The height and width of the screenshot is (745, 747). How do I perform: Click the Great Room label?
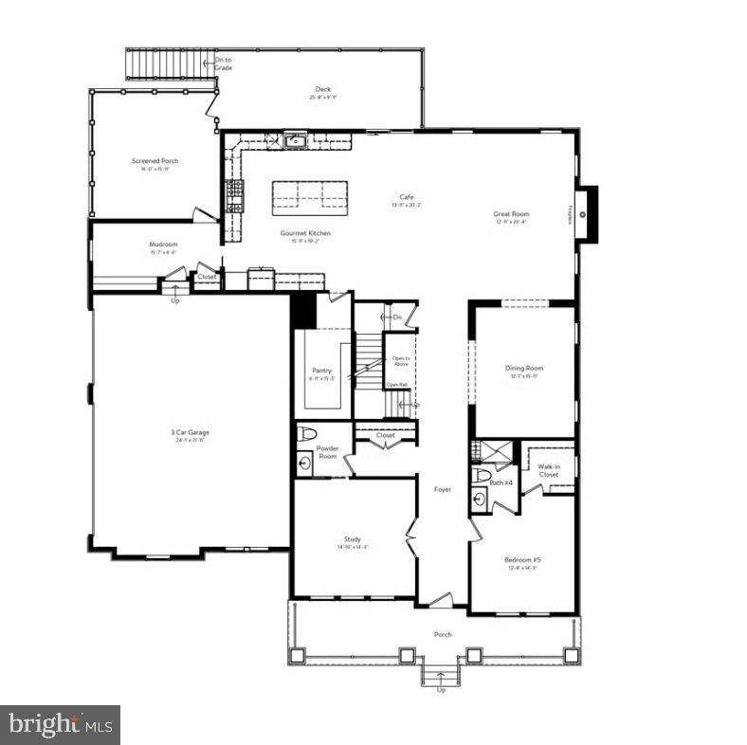click(x=511, y=214)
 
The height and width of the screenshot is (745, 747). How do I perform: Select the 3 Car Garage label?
click(x=191, y=433)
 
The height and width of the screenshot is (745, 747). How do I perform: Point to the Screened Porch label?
click(x=155, y=161)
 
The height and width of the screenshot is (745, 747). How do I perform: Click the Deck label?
click(x=323, y=90)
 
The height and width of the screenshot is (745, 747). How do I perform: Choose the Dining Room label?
click(x=524, y=369)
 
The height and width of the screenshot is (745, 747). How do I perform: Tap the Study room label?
click(x=352, y=539)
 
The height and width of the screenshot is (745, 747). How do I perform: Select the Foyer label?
click(x=442, y=489)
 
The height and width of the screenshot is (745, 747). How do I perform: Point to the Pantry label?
click(x=321, y=371)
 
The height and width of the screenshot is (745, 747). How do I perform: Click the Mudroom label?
click(x=163, y=245)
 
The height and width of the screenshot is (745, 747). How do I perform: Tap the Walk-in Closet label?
click(x=548, y=470)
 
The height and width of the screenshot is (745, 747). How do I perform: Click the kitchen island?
click(x=310, y=194)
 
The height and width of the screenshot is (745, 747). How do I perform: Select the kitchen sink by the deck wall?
click(x=295, y=141)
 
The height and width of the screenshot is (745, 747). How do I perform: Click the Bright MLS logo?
click(x=61, y=725)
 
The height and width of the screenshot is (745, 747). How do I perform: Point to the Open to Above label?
click(x=400, y=360)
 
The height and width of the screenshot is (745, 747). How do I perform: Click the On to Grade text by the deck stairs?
click(x=223, y=65)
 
